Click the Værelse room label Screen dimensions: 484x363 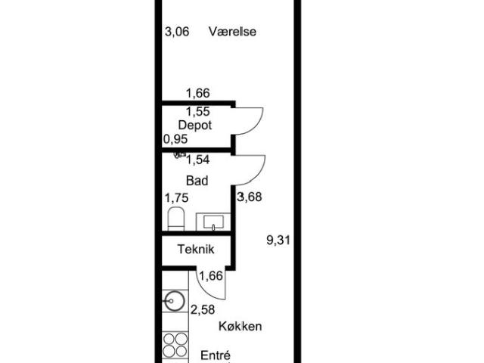coord(232,32)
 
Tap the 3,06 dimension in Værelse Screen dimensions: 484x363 coord(177,32)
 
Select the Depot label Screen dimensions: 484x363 coord(195,126)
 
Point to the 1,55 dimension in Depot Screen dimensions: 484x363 coord(198,111)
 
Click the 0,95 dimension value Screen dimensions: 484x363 coord(175,139)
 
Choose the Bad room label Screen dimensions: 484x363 coord(197,181)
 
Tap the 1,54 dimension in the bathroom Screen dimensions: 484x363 coord(198,160)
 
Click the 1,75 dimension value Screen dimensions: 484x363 coord(176,198)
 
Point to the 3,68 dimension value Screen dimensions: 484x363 coord(250,197)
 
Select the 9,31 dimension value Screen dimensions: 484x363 coord(278,240)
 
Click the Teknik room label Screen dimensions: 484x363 coord(196,249)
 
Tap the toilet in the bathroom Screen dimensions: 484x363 coord(176,219)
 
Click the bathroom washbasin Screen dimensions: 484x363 coord(213,222)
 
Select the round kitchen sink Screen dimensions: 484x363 coord(175,301)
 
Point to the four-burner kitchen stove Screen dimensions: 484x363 coord(175,345)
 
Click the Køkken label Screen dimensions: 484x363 coord(240,326)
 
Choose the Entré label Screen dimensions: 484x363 coord(216,355)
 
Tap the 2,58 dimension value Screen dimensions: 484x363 coord(203,309)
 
